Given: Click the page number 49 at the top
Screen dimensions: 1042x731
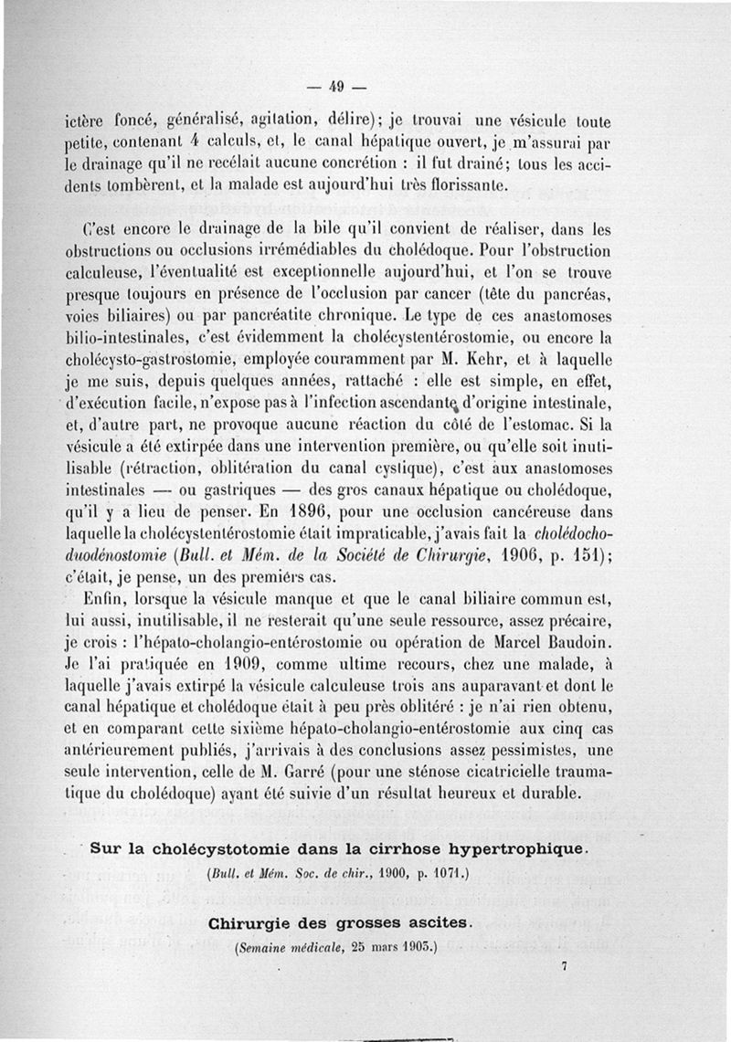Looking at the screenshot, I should click(x=335, y=88).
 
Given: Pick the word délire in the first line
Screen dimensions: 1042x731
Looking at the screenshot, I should click(x=345, y=120).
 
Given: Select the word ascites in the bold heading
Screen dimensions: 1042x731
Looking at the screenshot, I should click(x=438, y=923).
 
